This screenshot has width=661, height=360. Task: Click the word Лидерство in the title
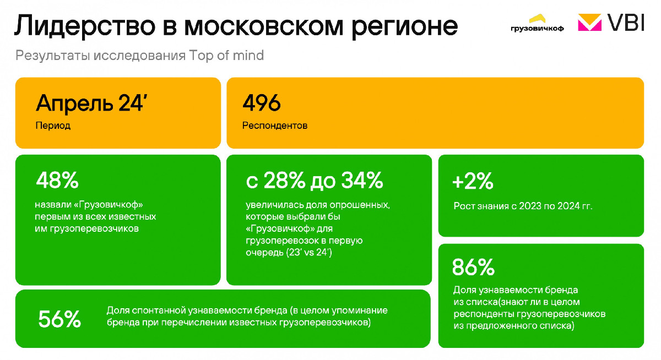85,26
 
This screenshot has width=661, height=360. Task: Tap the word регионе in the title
404,27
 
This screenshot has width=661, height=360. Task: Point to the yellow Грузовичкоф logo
537,23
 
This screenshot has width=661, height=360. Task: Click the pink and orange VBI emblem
589,23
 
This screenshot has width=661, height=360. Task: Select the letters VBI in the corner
626,23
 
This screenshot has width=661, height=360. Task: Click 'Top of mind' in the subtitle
226,56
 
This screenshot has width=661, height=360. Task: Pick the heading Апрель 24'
91,103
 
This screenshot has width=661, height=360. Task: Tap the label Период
53,126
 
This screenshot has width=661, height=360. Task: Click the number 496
262,103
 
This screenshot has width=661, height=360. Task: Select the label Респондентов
275,126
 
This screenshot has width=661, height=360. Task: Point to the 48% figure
57,180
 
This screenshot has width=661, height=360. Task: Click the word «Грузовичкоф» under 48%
111,205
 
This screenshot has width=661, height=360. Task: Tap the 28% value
284,180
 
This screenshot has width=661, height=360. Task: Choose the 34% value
362,180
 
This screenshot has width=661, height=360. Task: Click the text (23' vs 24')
309,253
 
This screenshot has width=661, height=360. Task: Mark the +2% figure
473,181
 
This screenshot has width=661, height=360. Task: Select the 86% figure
473,267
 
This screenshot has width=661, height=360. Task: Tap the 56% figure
59,319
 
